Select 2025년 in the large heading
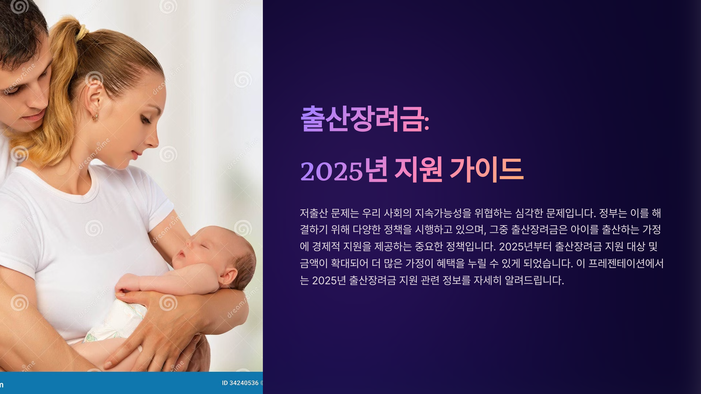click(344, 170)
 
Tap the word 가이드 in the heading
click(487, 170)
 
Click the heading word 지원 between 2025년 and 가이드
click(418, 170)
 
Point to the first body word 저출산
click(314, 213)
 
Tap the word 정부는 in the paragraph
click(613, 213)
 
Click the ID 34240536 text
click(240, 383)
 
